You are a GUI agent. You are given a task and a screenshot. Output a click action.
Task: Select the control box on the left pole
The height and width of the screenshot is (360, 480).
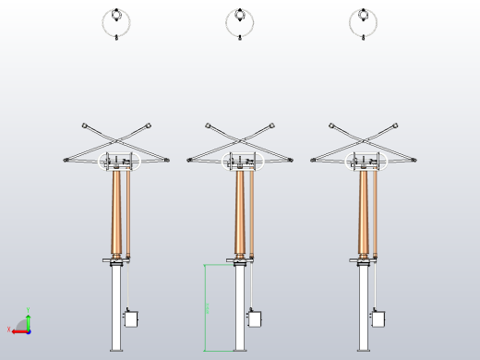(x=130, y=318)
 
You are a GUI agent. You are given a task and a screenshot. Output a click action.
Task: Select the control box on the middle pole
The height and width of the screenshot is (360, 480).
(x=254, y=318)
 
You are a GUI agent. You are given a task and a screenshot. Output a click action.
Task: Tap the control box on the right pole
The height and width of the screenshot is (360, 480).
(x=378, y=318)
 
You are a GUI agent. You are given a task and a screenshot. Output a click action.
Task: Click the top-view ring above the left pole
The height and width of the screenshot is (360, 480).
(x=116, y=22)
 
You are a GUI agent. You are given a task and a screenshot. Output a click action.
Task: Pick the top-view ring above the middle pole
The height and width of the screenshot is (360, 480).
(x=240, y=22)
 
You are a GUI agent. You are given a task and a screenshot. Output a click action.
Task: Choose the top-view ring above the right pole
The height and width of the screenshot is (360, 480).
(x=364, y=22)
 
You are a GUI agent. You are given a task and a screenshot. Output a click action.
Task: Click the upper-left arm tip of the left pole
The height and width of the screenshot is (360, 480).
(x=84, y=124)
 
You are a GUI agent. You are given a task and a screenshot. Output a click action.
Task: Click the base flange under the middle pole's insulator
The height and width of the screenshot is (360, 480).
(x=240, y=263)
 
